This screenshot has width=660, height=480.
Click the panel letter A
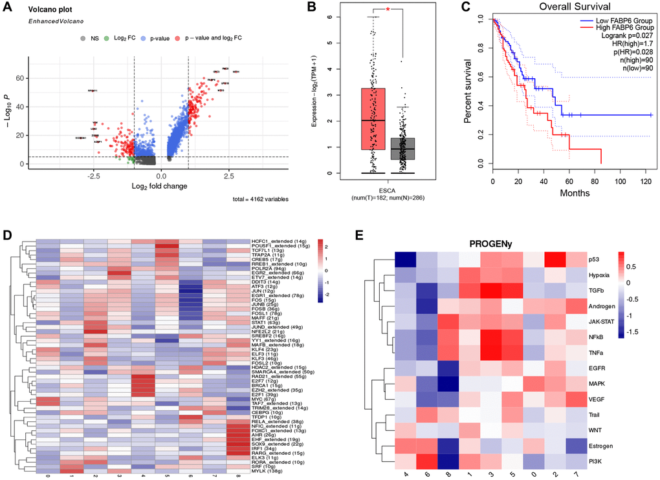pyautogui.click(x=8, y=9)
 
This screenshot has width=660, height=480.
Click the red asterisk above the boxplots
pyautogui.click(x=388, y=10)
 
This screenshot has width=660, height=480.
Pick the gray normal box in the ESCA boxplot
pyautogui.click(x=402, y=149)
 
